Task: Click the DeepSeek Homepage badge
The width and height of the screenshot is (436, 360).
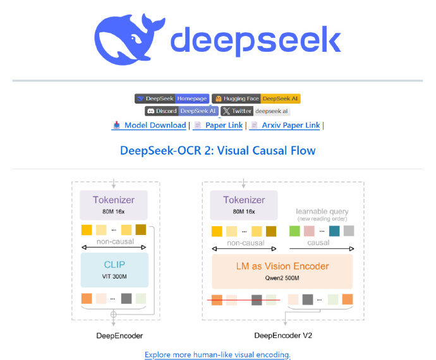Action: click(x=171, y=99)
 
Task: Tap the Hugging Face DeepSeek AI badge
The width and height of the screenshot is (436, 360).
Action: click(x=256, y=99)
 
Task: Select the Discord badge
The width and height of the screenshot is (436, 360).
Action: click(x=181, y=111)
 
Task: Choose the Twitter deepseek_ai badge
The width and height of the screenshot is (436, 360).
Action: click(x=255, y=111)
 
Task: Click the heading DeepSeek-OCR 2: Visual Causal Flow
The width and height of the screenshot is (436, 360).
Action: click(x=217, y=150)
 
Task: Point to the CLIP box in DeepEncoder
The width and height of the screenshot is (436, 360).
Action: click(x=114, y=270)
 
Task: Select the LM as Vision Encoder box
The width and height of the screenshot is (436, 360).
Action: click(x=282, y=270)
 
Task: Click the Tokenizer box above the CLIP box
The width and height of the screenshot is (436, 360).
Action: click(x=114, y=205)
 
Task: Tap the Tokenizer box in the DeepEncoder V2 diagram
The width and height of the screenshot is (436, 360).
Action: click(x=244, y=205)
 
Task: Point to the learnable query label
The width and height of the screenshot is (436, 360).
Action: click(x=322, y=211)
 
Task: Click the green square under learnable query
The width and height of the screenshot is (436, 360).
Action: click(x=294, y=231)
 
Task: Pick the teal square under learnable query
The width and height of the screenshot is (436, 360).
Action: click(x=334, y=231)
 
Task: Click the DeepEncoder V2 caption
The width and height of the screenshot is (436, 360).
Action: click(x=282, y=335)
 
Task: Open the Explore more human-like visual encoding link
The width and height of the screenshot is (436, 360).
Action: click(x=217, y=354)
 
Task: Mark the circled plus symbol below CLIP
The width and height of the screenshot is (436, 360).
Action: click(x=114, y=313)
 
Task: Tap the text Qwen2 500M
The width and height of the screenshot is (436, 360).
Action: click(x=282, y=277)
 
